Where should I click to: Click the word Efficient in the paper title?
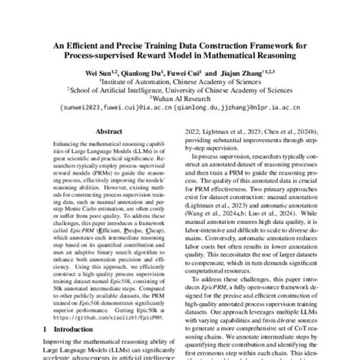tap(82, 44)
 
